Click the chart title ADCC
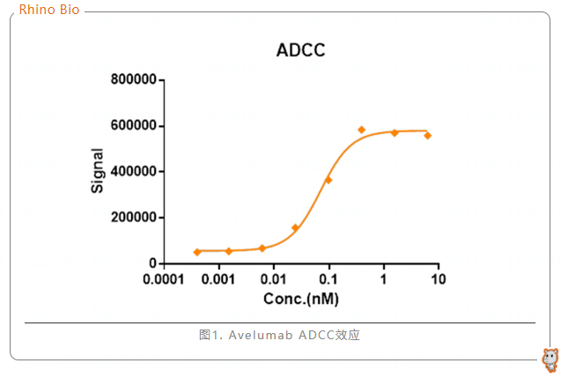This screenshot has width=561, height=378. [x=300, y=50]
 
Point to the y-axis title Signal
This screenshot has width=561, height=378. [x=98, y=171]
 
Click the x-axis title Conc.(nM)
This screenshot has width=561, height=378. [x=300, y=299]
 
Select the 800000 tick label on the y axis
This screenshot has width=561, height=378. [x=134, y=80]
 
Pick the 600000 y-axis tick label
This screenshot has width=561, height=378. [x=134, y=126]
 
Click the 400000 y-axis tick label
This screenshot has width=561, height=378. [x=134, y=172]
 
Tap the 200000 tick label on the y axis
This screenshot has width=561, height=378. [x=134, y=218]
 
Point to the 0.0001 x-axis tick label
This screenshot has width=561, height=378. [x=163, y=279]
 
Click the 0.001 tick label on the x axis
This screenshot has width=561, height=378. [x=218, y=279]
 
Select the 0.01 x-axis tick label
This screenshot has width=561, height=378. [x=273, y=279]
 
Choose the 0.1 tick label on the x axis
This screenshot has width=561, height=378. [x=328, y=279]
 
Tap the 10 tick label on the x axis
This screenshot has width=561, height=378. [x=439, y=279]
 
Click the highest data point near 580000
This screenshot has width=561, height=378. [x=361, y=130]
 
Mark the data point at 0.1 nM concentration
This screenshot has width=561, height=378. [x=328, y=180]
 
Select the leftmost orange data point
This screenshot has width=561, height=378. [x=197, y=252]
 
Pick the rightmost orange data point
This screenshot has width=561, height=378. [x=428, y=136]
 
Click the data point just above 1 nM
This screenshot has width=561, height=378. [x=395, y=132]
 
